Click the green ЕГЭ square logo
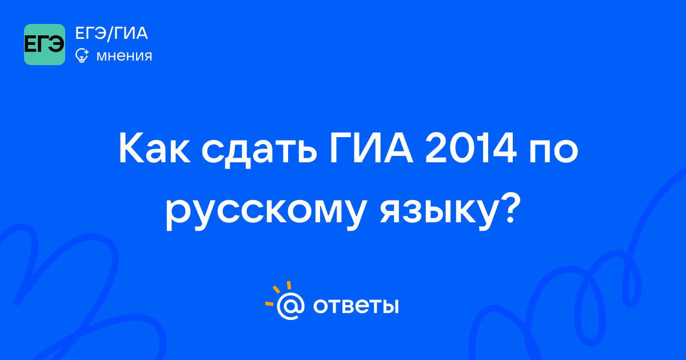tap(45, 45)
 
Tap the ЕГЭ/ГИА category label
tap(111, 33)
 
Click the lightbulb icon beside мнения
tap(82, 55)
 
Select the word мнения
tap(124, 56)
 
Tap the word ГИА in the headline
tap(372, 149)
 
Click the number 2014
tap(470, 149)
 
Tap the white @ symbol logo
tap(290, 306)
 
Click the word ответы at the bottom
tap(356, 306)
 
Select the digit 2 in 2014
tap(436, 149)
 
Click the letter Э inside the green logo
tap(57, 45)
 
